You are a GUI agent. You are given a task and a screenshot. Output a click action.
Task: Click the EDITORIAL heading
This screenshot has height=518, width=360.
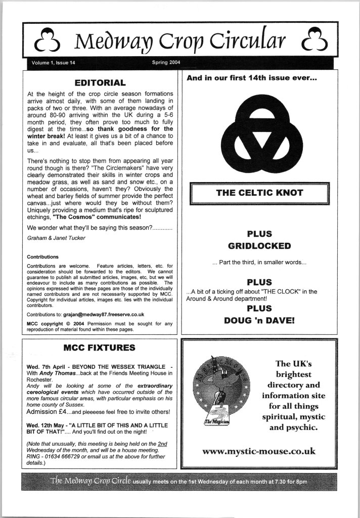point(100,82)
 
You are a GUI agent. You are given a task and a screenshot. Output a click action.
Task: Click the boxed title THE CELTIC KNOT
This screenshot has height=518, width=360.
point(259,193)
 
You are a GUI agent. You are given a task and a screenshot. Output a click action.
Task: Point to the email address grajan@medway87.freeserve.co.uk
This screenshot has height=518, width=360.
point(101,314)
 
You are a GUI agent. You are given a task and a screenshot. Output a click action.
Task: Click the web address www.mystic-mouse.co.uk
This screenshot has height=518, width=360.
point(258,451)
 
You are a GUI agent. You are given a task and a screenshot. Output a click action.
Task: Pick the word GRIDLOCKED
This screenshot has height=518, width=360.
point(259,246)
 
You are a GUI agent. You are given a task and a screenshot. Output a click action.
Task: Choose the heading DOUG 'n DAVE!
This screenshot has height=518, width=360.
point(259,320)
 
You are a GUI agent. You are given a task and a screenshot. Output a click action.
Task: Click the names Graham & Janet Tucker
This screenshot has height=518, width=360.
point(54,237)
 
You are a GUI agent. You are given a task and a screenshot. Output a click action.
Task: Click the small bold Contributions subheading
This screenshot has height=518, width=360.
point(42,256)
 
